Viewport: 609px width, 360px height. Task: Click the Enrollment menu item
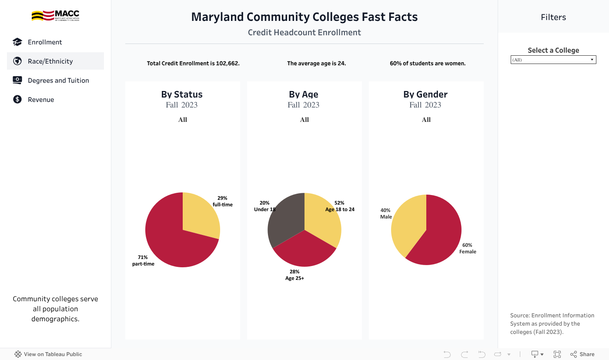[45, 42]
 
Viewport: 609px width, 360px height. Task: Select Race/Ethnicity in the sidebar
[50, 61]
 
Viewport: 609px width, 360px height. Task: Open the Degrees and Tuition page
[58, 81]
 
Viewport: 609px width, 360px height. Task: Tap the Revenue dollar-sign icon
[17, 99]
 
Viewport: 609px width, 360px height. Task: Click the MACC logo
[55, 16]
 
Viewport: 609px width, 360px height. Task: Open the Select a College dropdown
[553, 60]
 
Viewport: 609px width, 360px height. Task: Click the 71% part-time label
[143, 260]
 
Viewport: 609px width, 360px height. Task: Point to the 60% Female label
[468, 248]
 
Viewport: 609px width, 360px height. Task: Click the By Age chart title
[304, 94]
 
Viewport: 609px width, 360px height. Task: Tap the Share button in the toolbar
[582, 354]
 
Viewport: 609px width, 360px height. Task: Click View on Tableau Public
[48, 354]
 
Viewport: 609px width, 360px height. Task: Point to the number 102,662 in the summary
[228, 64]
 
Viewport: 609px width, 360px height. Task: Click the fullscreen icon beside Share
[557, 354]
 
